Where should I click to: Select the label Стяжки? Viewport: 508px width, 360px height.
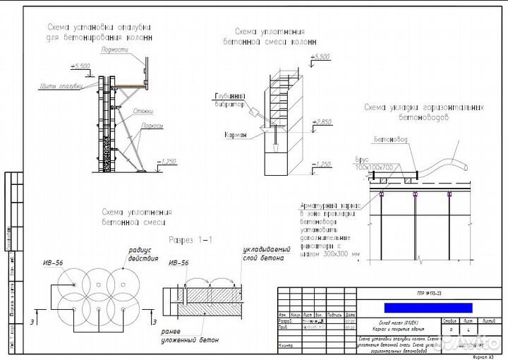click(145, 111)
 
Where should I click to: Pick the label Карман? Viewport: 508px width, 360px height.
click(236, 135)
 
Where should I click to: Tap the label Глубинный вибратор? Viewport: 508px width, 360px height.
click(226, 100)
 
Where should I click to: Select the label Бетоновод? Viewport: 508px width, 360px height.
click(390, 141)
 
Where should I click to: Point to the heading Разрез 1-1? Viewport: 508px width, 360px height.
click(190, 240)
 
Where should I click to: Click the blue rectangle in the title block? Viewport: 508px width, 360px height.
click(428, 307)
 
